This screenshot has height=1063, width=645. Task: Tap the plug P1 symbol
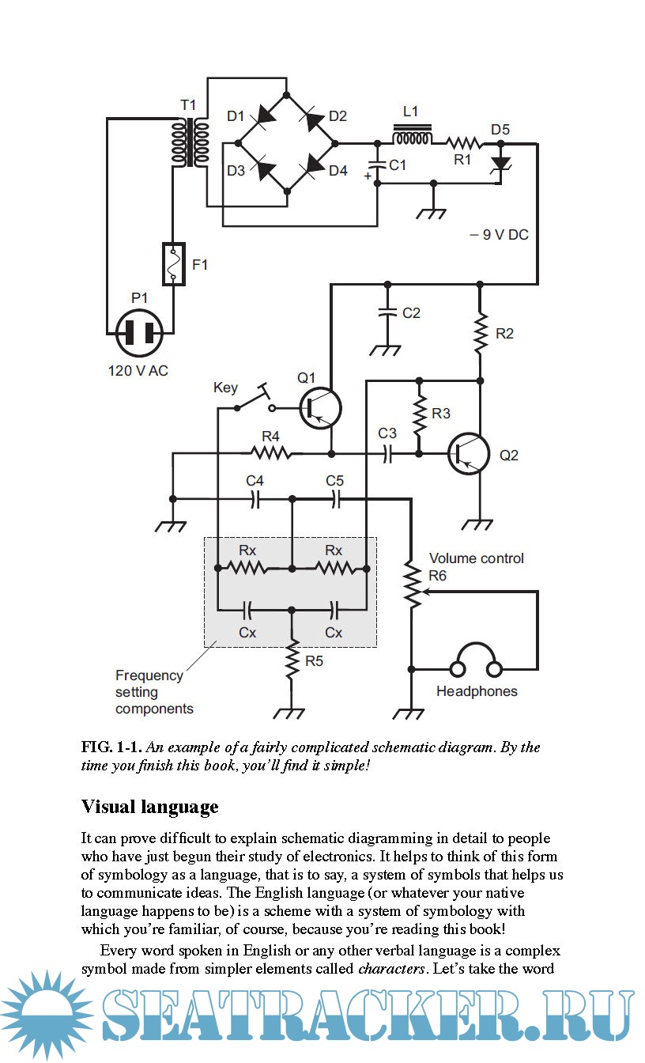[139, 332]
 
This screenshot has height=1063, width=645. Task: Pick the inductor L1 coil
[413, 138]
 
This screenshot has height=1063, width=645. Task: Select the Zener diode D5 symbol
[500, 163]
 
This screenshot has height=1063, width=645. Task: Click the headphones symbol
[474, 661]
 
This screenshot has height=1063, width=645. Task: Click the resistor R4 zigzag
[270, 453]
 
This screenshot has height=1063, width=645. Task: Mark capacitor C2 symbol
[387, 312]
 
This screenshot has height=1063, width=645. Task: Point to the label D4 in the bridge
[338, 170]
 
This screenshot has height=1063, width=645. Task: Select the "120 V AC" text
[138, 371]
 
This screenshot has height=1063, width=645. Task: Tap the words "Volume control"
[476, 558]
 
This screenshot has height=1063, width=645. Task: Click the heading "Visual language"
[149, 807]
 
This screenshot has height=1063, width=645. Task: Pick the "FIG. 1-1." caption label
[112, 747]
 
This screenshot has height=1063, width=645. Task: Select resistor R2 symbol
[479, 334]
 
